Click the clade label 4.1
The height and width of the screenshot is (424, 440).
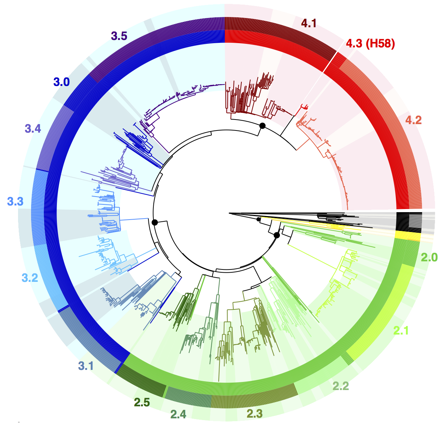(x=309, y=23)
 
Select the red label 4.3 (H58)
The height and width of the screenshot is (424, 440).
(x=370, y=43)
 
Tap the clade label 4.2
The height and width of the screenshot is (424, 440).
(x=413, y=120)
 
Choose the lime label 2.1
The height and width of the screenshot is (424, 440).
(x=401, y=331)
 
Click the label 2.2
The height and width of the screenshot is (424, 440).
(x=341, y=386)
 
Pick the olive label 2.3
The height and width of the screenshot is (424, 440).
(x=254, y=413)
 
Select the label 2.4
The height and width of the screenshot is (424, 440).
(x=178, y=413)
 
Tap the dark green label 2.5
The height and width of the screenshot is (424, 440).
(x=142, y=402)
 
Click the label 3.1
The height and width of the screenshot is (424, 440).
(x=86, y=365)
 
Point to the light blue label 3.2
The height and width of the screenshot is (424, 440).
(x=30, y=278)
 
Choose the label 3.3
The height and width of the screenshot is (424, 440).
(x=15, y=202)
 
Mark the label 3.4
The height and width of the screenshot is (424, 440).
(x=33, y=129)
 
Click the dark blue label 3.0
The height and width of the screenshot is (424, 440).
(x=61, y=82)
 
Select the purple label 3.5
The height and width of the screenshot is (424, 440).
(x=119, y=36)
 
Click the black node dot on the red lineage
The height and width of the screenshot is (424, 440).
(x=262, y=126)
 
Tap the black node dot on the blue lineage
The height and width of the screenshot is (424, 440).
(x=154, y=222)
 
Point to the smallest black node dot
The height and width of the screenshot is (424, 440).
(x=258, y=219)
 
